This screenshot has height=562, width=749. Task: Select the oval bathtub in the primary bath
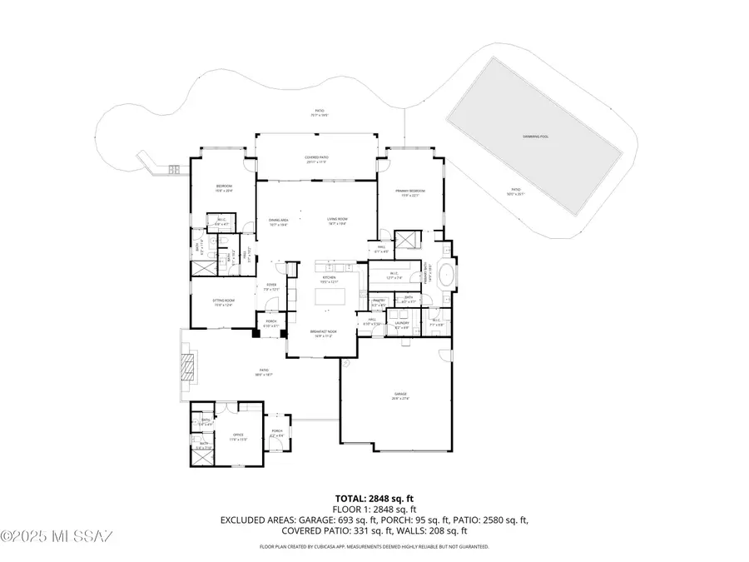[448, 274]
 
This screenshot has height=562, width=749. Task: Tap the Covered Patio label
[317, 159]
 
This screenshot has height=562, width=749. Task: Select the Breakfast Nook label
[323, 333]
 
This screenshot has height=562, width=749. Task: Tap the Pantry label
[377, 302]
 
